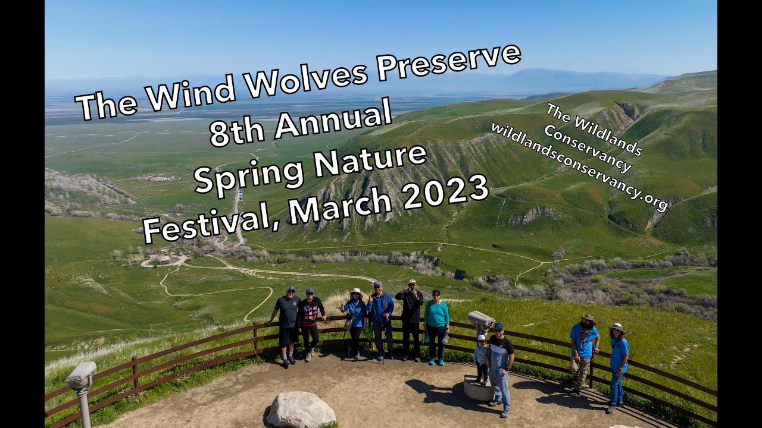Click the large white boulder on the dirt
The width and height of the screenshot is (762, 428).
pos(301,410)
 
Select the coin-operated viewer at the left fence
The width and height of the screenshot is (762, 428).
pos(81,374)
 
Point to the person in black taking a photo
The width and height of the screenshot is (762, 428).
pos(411,318)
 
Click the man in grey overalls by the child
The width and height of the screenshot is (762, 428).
pos(499,369)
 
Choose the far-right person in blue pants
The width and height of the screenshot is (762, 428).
pos(617,366)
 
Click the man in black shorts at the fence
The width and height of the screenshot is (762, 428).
pos(288,324)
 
